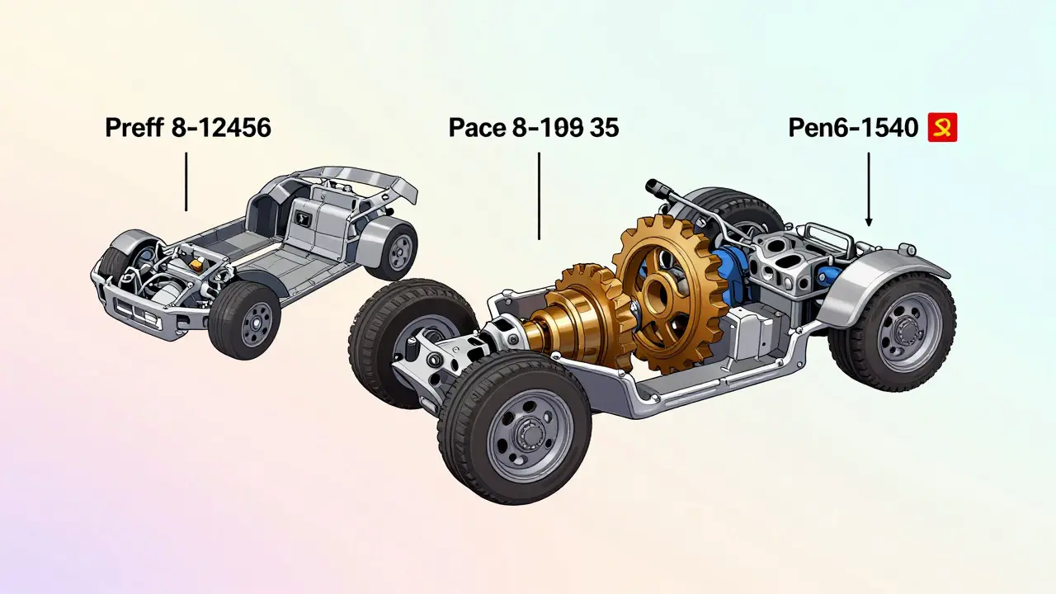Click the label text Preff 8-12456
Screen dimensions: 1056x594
point(188,128)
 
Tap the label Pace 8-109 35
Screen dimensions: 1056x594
point(534,128)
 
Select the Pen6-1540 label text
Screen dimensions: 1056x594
point(853,128)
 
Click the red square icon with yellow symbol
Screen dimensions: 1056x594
point(942,127)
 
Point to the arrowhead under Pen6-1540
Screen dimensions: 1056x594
point(869,222)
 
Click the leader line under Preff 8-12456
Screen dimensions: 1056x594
point(186,181)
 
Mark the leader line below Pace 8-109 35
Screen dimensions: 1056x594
point(539,196)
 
